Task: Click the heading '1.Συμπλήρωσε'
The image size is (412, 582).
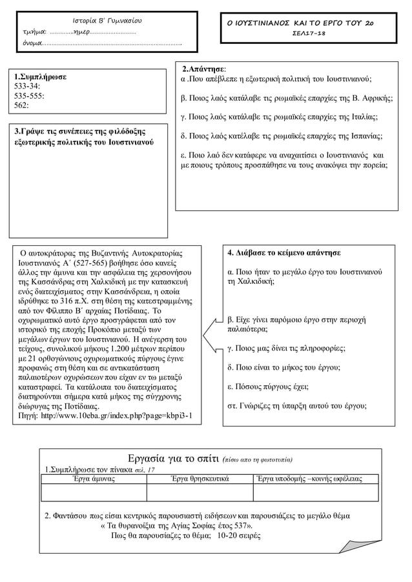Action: [40, 77]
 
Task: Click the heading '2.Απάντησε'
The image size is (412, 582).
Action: [204, 68]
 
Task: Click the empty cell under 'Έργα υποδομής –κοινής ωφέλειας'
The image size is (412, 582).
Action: [307, 492]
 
